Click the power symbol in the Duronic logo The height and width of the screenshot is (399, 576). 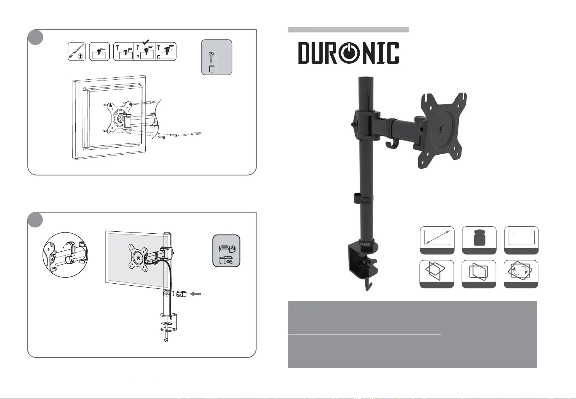pyautogui.click(x=349, y=53)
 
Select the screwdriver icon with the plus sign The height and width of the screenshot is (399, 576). pyautogui.click(x=77, y=52)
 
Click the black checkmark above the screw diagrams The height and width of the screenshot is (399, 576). pyautogui.click(x=146, y=41)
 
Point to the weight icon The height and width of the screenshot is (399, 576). pyautogui.click(x=479, y=240)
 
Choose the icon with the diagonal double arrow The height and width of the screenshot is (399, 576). pyautogui.click(x=437, y=240)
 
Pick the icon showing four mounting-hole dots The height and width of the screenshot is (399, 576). pyautogui.click(x=521, y=240)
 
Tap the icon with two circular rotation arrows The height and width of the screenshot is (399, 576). pyautogui.click(x=521, y=274)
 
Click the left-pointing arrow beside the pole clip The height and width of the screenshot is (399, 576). pyautogui.click(x=195, y=294)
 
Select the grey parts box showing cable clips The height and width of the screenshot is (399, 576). pyautogui.click(x=226, y=251)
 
